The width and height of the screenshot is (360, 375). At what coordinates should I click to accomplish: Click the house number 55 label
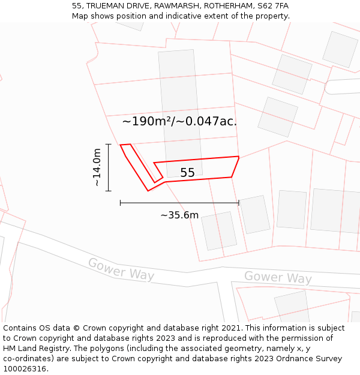187,173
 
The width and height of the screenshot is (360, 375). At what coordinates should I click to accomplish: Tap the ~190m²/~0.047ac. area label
179,121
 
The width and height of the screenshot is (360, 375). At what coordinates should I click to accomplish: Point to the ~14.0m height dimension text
97,167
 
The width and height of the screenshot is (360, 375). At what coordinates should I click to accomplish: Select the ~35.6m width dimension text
179,215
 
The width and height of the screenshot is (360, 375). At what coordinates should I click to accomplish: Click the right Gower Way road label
278,277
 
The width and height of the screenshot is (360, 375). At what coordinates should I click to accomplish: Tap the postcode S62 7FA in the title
273,5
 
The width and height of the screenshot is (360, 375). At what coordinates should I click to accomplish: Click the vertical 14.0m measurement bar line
108,167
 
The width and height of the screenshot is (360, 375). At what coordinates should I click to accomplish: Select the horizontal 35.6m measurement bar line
179,203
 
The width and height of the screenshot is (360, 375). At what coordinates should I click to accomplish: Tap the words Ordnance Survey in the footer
311,359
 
